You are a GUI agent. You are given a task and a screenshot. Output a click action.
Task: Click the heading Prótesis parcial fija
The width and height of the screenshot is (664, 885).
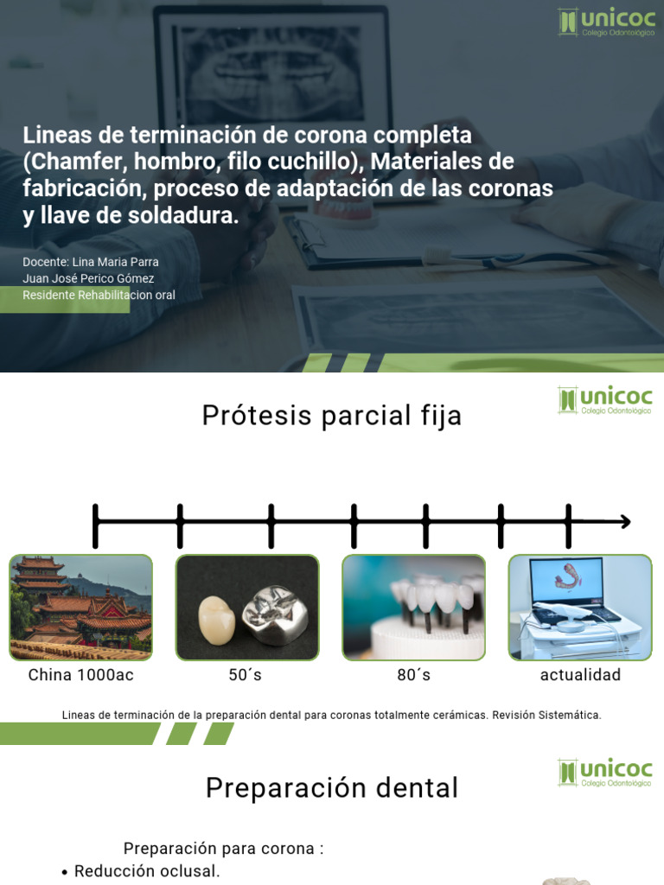click(332, 416)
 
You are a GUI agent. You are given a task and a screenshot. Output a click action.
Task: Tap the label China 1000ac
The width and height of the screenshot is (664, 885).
click(81, 675)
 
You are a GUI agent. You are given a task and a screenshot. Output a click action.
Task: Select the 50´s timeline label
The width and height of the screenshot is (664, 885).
click(246, 675)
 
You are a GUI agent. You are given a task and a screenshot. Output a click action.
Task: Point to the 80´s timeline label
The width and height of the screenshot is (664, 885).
click(413, 675)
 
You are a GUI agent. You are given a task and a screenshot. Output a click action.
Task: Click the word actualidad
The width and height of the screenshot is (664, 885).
click(580, 675)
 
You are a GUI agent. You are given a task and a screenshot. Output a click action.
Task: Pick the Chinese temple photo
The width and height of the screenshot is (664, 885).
click(81, 608)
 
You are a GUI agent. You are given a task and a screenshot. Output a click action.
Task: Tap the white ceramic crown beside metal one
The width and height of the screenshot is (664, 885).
click(218, 619)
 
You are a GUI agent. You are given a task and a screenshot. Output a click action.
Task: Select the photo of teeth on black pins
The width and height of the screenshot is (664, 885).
click(413, 608)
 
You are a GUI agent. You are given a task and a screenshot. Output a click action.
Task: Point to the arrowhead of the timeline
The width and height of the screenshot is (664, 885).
click(624, 522)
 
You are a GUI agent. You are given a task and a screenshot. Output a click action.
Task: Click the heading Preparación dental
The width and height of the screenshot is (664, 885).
click(332, 788)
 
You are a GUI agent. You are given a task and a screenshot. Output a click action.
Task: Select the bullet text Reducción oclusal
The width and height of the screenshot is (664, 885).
click(147, 871)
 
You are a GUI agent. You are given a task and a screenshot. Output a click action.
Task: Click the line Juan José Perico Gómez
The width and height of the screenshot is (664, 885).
click(88, 278)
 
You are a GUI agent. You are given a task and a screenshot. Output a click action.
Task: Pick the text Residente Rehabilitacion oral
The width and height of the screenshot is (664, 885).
click(99, 295)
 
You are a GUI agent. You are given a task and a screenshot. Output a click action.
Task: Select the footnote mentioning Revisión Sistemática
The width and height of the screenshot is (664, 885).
click(332, 715)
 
